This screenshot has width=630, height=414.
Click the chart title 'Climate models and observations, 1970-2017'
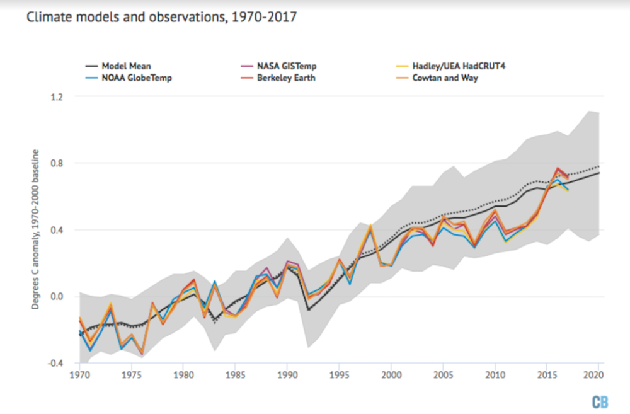pos(161,17)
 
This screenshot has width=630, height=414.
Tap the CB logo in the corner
pos(600,402)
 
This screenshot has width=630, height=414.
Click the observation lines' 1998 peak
pos(370,226)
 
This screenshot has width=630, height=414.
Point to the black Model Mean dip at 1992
pos(308,309)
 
